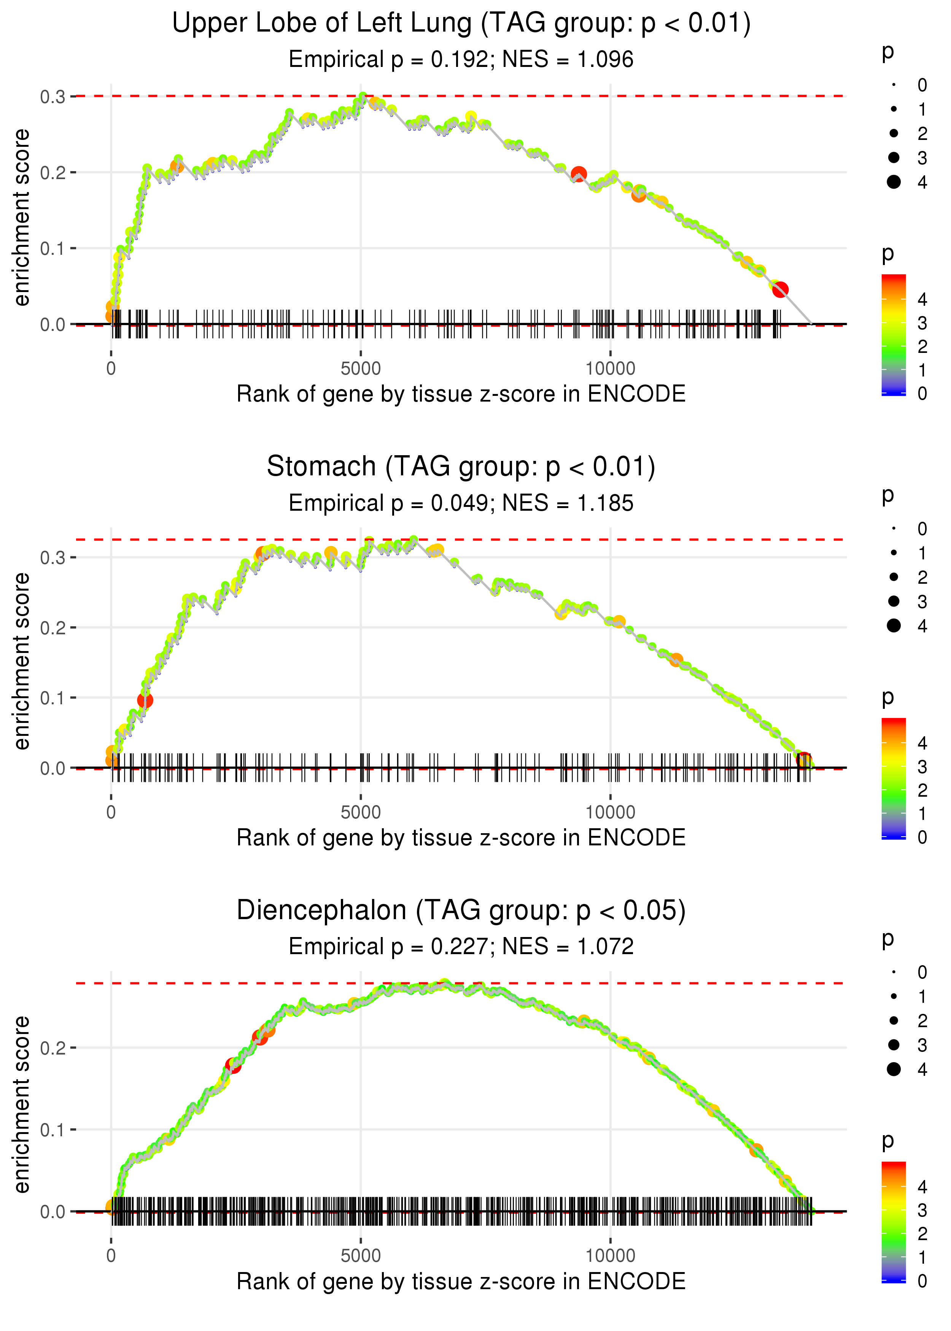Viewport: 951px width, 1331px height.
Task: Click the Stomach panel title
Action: [321, 467]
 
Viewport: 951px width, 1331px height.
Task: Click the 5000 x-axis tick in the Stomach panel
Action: [361, 812]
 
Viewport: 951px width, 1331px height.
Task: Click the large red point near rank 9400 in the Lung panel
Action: [579, 174]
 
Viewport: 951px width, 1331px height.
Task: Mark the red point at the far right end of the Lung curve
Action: [780, 289]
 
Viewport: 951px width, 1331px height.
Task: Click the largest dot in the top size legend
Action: [894, 182]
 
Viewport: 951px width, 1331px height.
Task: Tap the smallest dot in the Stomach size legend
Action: [894, 529]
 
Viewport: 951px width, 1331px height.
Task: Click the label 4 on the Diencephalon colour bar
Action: [922, 1187]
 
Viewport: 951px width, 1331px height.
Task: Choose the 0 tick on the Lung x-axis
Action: [111, 369]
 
